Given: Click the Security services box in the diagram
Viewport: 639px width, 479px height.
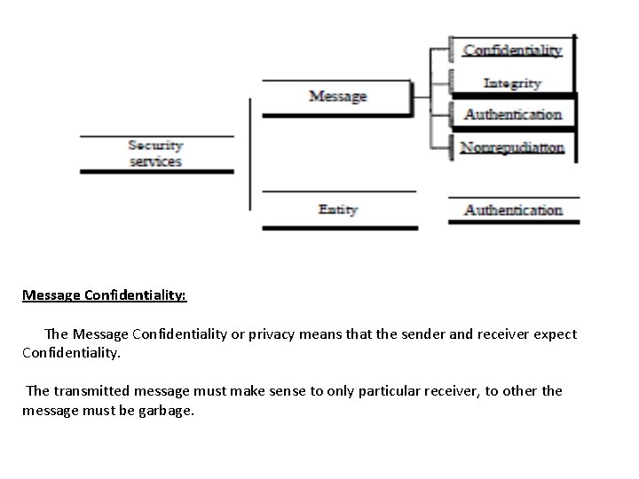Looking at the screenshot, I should click(156, 153).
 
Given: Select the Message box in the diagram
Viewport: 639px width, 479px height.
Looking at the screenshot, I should click(337, 96).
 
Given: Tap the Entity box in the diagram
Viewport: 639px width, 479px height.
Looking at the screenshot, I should click(338, 209).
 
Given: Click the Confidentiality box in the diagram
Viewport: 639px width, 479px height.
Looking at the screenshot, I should click(512, 51).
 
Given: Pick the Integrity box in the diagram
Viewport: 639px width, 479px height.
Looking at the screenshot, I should click(512, 82).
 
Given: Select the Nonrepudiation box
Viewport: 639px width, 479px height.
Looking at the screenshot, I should click(512, 147).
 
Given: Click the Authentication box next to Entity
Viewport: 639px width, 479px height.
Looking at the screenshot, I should click(513, 210).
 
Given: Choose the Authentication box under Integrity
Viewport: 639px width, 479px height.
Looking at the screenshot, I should click(512, 114).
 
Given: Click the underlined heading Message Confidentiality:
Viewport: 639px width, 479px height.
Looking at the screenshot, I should click(105, 294).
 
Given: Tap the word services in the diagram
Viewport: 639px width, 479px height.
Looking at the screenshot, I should click(155, 161).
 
